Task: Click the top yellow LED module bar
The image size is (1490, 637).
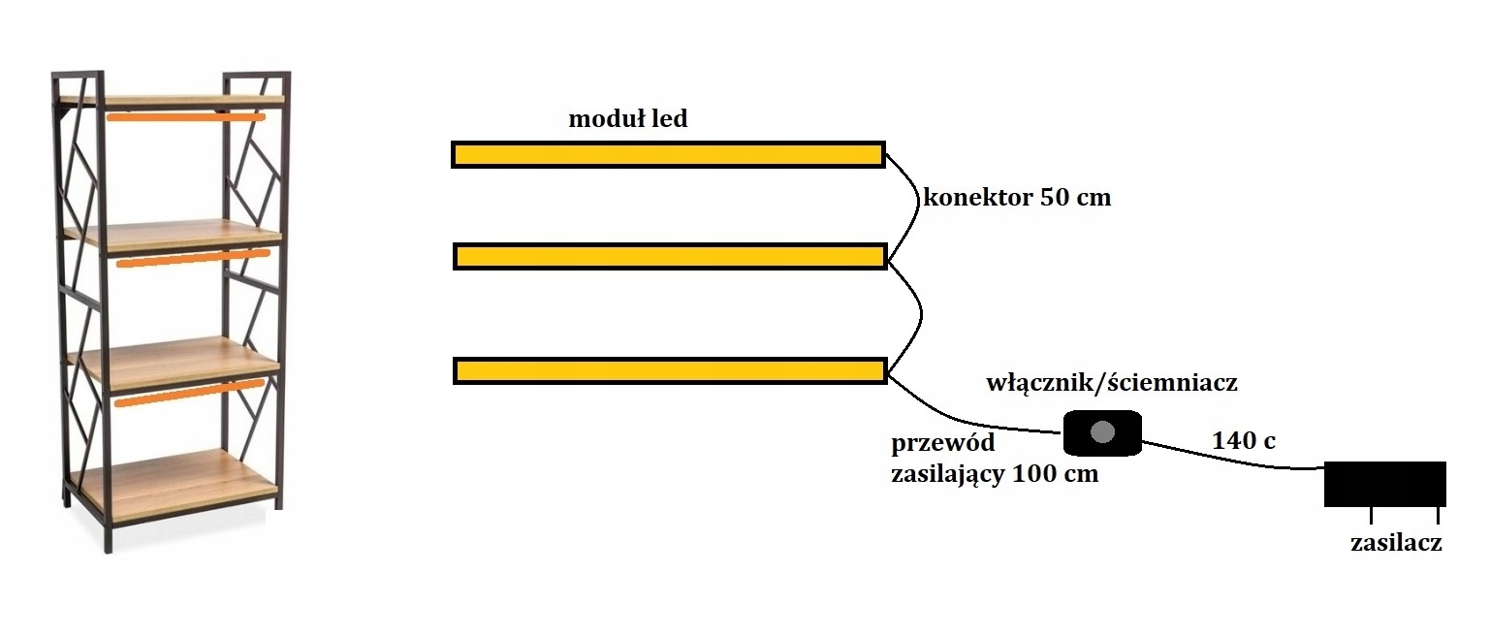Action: (x=668, y=154)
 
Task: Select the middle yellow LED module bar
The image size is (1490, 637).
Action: (x=670, y=256)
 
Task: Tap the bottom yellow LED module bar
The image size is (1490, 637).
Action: (x=670, y=370)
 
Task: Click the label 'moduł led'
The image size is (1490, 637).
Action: (x=627, y=119)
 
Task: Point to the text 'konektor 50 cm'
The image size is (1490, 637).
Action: (x=1017, y=198)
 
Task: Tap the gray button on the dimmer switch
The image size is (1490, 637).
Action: (x=1102, y=432)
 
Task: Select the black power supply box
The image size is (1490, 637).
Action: (x=1385, y=483)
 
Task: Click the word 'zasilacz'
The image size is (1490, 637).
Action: (x=1396, y=543)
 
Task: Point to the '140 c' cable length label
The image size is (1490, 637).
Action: (x=1244, y=440)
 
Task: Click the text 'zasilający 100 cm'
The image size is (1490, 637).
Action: (x=995, y=475)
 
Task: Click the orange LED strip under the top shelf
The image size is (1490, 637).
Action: (x=185, y=117)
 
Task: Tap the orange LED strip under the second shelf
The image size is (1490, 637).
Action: (x=192, y=258)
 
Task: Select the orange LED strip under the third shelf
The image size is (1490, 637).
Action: (x=188, y=392)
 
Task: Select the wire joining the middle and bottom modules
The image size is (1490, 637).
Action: (x=916, y=310)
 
